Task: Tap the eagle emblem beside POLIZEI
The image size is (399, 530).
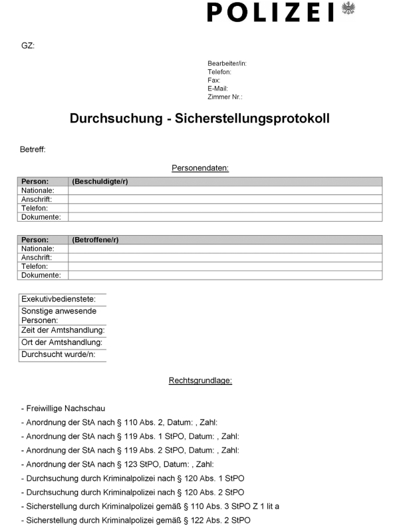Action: click(348, 9)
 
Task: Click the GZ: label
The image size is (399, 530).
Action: click(28, 46)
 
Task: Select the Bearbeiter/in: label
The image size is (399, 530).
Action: click(227, 63)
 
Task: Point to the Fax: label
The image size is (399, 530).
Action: click(213, 80)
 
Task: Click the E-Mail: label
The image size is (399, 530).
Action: click(217, 88)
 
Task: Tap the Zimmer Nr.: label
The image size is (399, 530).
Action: click(225, 97)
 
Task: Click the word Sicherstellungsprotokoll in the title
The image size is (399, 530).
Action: click(252, 119)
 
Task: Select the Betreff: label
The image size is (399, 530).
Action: click(33, 149)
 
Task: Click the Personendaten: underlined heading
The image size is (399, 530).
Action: click(200, 168)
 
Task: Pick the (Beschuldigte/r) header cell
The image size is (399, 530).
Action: click(100, 182)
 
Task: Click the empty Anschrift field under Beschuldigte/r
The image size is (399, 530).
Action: click(225, 199)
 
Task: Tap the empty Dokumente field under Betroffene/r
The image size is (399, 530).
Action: click(225, 275)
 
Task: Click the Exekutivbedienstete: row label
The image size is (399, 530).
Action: click(59, 299)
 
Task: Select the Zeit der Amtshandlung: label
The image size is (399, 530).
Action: click(63, 330)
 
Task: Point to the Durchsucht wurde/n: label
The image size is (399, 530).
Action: click(59, 354)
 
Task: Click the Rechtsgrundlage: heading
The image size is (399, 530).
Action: click(199, 380)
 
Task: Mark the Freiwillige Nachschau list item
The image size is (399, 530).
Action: click(63, 408)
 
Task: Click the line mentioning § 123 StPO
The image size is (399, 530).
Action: click(119, 464)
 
